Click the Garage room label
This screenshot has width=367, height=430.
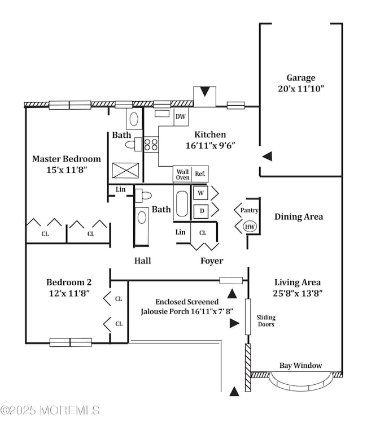pos(300,78)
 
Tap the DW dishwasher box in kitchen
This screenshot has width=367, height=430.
pos(181,117)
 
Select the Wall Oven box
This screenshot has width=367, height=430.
pos(182,174)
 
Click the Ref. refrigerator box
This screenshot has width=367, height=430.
pos(200,174)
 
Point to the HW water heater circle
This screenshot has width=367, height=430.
pos(249,227)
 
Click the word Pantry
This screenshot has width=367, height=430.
pos(249,210)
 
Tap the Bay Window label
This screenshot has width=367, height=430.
pos(301,366)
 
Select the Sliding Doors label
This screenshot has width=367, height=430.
pos(265,321)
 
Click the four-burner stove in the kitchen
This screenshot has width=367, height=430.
pos(151,145)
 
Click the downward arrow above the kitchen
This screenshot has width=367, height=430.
pos(204,92)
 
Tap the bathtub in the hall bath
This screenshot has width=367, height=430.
pos(182,204)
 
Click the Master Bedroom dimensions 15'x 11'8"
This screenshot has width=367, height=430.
pos(66,170)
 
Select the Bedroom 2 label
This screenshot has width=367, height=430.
pos(69,282)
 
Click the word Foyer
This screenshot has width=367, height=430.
pos(212,261)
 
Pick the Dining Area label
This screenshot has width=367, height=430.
pos(299,216)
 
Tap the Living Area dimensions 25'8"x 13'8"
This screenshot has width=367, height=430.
pos(298,293)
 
